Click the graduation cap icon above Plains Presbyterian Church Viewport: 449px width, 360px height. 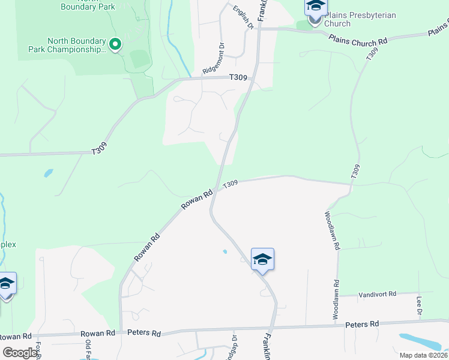316,7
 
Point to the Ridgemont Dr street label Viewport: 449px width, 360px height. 214,58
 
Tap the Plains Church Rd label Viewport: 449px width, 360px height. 358,40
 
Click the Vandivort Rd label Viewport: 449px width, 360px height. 378,294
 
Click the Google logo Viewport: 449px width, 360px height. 20,353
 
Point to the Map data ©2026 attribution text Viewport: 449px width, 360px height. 423,355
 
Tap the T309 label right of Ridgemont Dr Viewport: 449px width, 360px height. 238,77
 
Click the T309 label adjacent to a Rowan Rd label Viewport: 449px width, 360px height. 231,184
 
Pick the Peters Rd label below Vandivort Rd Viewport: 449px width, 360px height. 362,324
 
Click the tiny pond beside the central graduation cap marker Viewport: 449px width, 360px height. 225,251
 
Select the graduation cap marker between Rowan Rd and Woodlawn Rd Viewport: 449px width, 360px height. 262,260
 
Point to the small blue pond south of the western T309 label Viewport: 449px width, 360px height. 47,174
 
